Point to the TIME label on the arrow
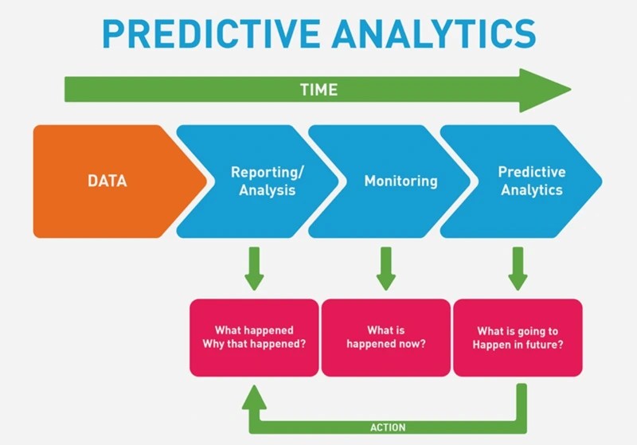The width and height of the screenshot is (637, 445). pyautogui.click(x=318, y=89)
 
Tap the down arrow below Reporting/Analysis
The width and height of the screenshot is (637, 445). pyautogui.click(x=254, y=269)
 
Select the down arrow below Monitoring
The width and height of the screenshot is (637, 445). pyautogui.click(x=386, y=269)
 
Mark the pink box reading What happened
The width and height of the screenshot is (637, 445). pyautogui.click(x=254, y=337)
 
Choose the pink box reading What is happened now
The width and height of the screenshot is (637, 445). pyautogui.click(x=386, y=337)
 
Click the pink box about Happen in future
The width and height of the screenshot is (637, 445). pyautogui.click(x=518, y=337)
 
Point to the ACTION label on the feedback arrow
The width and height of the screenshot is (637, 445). pyautogui.click(x=388, y=427)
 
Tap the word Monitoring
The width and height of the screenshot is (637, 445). pyautogui.click(x=401, y=181)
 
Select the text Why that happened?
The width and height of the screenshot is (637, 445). pyautogui.click(x=254, y=344)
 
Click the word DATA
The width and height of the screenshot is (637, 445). pyautogui.click(x=107, y=181)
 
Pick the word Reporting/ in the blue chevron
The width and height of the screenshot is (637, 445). pyautogui.click(x=268, y=172)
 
